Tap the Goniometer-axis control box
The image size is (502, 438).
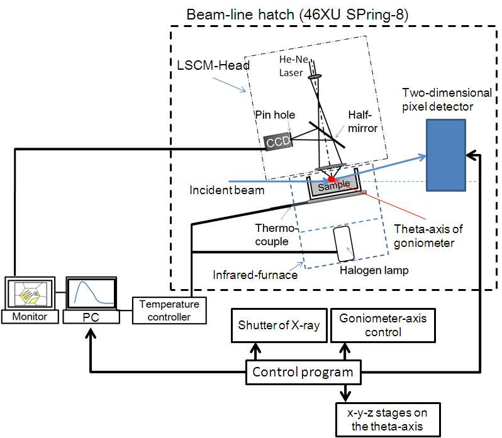(382, 326)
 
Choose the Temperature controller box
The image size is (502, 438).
(169, 310)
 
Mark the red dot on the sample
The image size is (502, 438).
(332, 179)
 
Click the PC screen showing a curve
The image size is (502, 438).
(91, 293)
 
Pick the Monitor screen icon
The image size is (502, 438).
(29, 293)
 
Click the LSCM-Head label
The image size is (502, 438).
(204, 65)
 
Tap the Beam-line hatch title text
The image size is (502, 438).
(298, 14)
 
